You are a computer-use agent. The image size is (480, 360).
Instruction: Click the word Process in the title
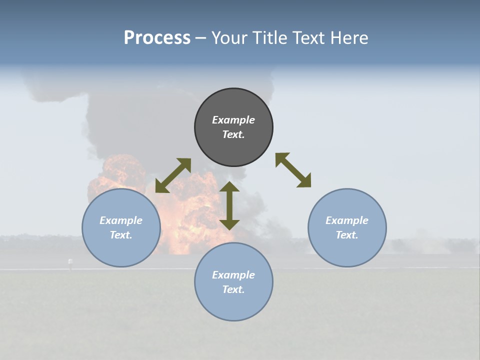pos(157,38)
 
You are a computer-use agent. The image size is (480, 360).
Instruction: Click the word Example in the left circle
pos(121,220)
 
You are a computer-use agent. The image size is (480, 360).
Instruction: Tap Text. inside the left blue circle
pos(121,235)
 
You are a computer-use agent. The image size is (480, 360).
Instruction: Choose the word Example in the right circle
pos(347,220)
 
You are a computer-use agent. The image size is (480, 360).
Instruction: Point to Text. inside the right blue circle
pos(347,235)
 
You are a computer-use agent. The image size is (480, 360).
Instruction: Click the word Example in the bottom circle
pos(233,275)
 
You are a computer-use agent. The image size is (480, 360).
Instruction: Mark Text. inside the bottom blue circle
pos(233,289)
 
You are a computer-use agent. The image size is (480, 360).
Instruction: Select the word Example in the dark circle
pos(233,120)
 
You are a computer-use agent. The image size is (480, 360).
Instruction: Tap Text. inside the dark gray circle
pos(233,134)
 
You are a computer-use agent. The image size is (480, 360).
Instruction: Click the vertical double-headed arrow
pos(229,205)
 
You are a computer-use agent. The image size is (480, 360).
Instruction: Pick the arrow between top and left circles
pos(173,175)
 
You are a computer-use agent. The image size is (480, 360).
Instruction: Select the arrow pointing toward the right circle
pos(293,170)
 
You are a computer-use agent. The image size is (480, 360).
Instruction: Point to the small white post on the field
pos(70,261)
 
